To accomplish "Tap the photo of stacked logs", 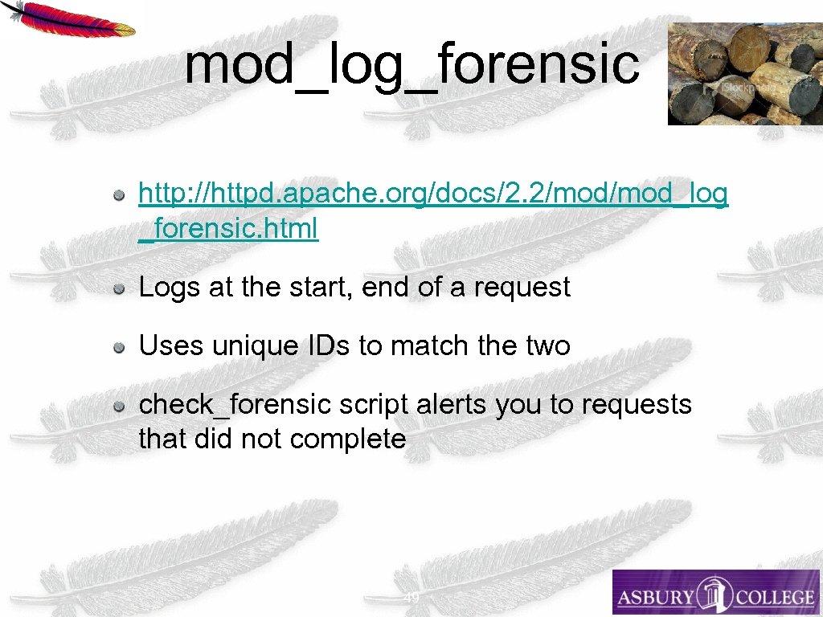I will coord(744,73).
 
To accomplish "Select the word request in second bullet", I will coord(522,288).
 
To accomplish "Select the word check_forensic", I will coord(235,405).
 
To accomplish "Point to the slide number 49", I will coord(411,598).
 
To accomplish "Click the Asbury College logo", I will coord(715,593).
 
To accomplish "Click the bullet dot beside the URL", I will coord(118,194).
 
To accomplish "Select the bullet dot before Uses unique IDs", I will coord(118,347).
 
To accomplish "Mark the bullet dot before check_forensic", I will coord(118,406).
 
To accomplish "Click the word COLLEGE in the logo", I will coord(772,597).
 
